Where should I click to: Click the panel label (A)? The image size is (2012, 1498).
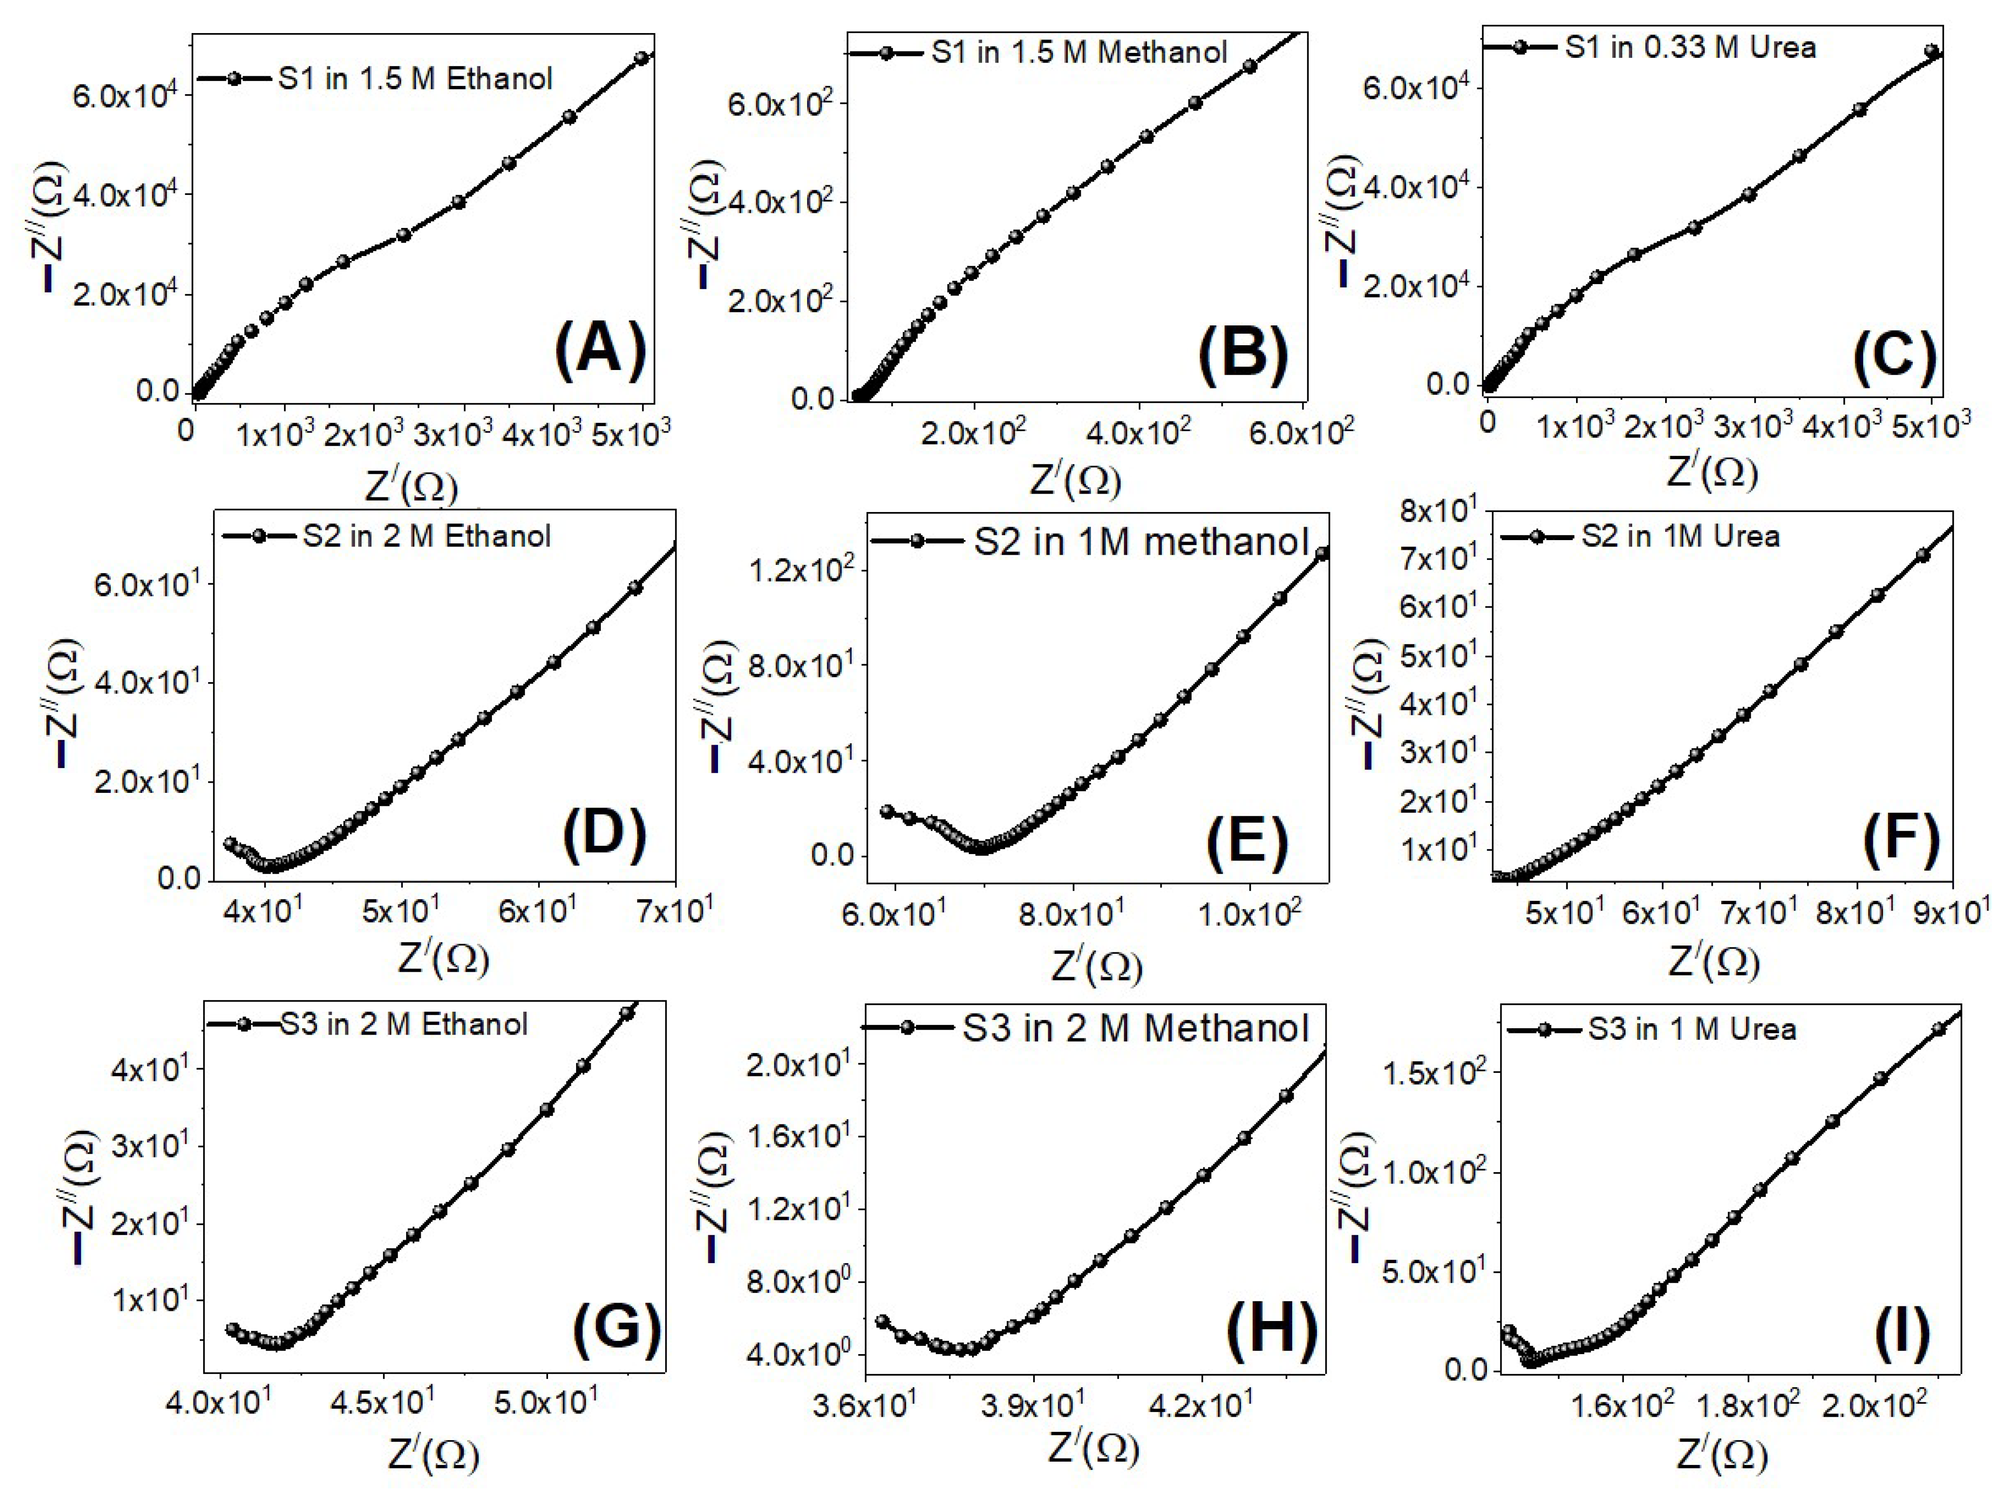tap(600, 351)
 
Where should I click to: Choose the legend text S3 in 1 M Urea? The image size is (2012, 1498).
tap(1691, 1029)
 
